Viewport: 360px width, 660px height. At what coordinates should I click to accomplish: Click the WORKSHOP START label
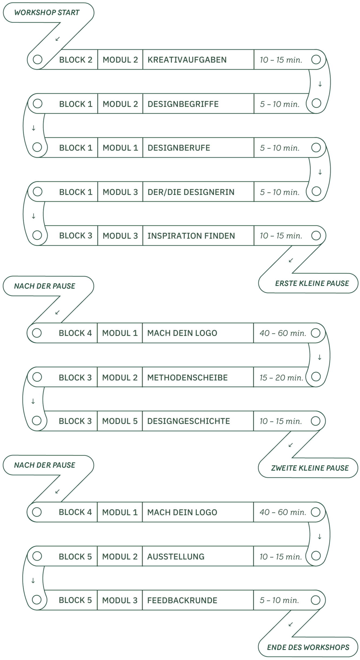47,13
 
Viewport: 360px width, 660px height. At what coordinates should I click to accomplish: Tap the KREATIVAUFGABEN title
187,60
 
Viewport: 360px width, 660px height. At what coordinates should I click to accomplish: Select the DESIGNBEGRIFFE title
183,104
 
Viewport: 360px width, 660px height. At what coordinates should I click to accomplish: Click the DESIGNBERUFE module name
179,148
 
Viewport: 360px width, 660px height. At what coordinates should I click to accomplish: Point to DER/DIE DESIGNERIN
191,192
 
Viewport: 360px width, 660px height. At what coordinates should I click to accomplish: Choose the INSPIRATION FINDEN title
191,236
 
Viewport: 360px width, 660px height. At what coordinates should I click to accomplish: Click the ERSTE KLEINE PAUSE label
312,283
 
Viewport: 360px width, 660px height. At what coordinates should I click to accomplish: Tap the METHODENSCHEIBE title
187,378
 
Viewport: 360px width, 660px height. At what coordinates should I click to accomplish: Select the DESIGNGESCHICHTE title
188,421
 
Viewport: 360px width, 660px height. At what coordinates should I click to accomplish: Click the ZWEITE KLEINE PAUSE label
310,468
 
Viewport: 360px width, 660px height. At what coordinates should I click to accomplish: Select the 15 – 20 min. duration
281,378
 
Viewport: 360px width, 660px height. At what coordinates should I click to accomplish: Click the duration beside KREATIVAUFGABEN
281,60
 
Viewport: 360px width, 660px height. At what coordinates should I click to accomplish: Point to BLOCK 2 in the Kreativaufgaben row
76,60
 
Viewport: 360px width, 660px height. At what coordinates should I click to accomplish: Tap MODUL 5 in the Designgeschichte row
120,421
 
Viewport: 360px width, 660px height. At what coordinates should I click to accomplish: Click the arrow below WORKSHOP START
57,39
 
